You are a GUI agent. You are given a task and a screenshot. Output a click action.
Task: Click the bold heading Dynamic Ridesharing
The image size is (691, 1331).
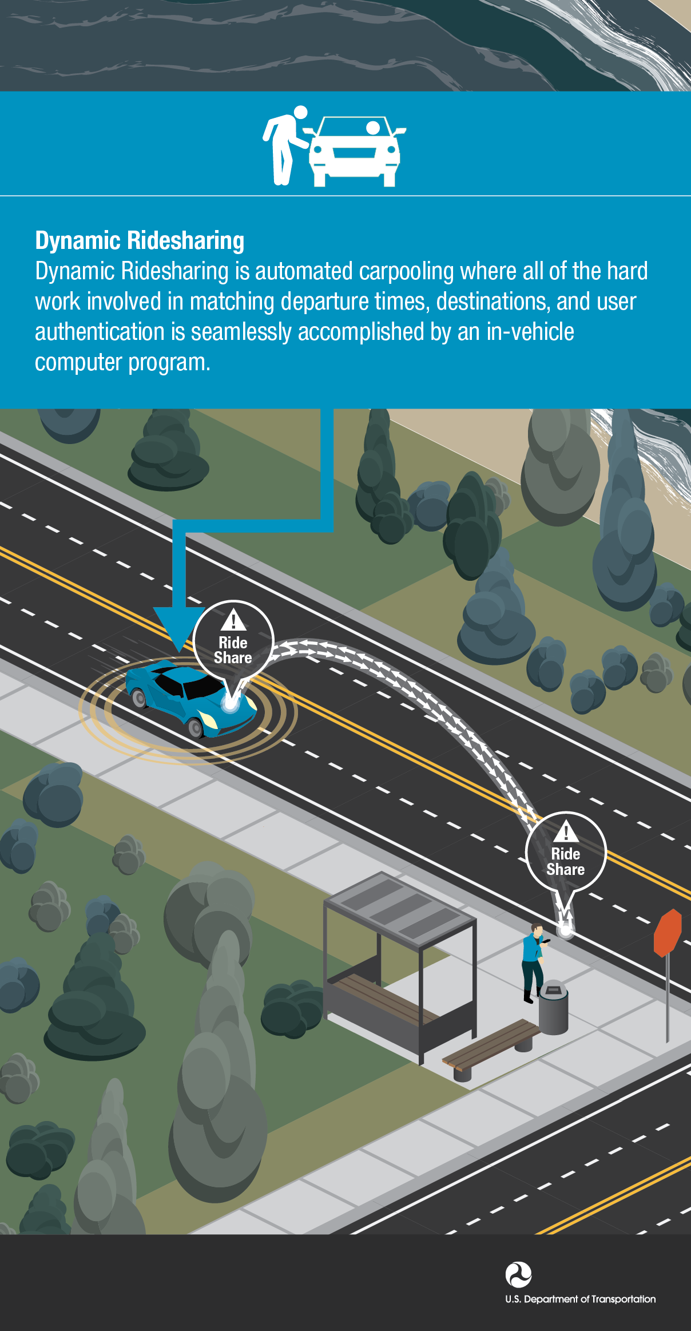(x=140, y=240)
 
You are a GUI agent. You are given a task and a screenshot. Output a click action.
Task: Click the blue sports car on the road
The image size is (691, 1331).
(x=190, y=699)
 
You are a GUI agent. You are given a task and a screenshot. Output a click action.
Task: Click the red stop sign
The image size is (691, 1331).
(x=668, y=933)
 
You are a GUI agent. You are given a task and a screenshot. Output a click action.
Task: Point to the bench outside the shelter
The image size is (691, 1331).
(x=491, y=1045)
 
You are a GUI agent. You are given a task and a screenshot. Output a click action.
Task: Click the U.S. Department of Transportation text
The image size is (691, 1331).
(x=580, y=1299)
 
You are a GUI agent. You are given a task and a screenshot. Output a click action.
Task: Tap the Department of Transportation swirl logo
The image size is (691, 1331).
(x=518, y=1275)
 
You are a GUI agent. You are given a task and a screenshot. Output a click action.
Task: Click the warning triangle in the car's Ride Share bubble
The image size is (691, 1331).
(x=233, y=620)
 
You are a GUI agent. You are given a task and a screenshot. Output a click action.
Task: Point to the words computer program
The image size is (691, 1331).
(x=122, y=363)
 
